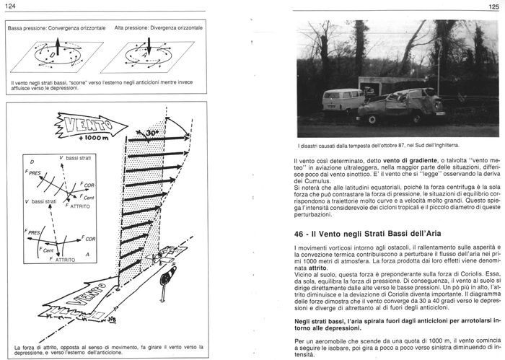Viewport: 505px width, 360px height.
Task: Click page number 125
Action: (493, 6)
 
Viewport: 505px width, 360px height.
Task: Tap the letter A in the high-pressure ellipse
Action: (148, 55)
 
